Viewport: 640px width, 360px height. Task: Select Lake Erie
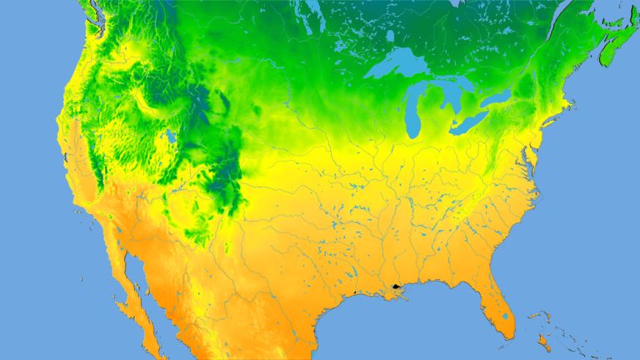pos(471,122)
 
